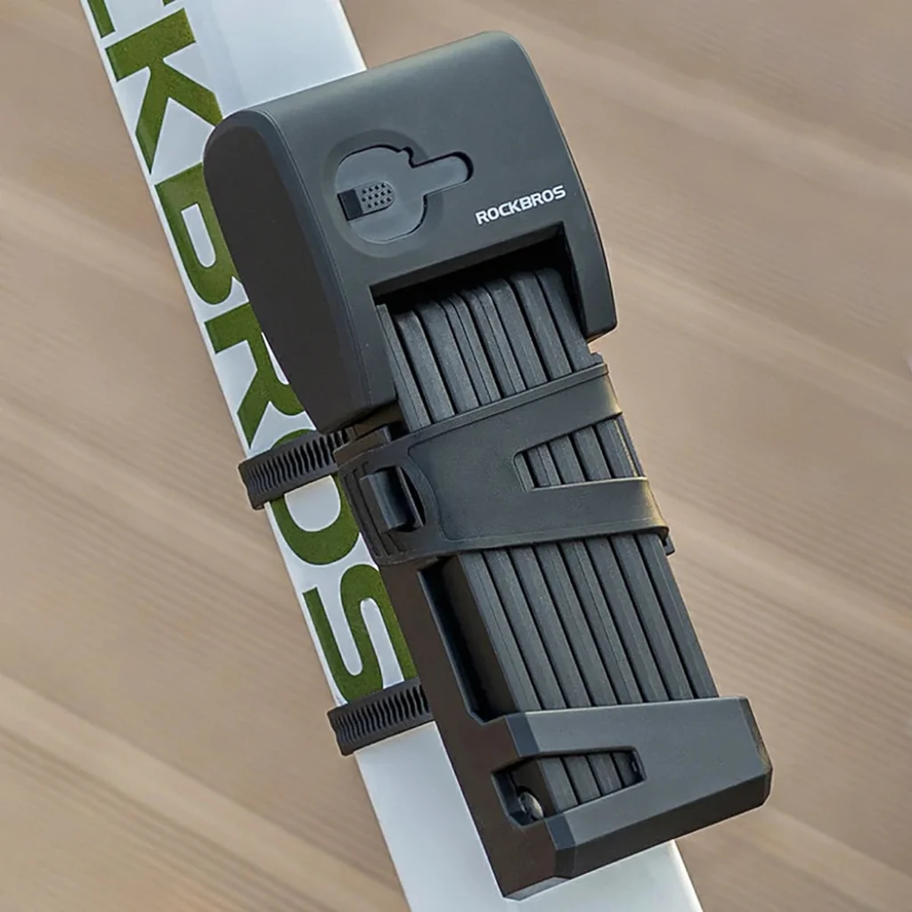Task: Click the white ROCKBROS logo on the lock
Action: [x=520, y=206]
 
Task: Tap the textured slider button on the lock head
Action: [x=366, y=198]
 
